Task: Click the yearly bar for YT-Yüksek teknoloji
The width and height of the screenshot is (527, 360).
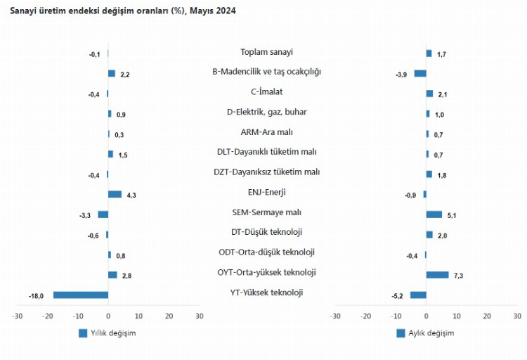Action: pos(81,295)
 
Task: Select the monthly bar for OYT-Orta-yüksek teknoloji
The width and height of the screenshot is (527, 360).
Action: pos(437,274)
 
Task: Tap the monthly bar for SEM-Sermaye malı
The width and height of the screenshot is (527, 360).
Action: pos(434,214)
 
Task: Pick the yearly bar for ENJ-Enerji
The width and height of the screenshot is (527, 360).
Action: pos(115,194)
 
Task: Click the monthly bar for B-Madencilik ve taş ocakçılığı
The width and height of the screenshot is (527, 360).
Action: pos(420,73)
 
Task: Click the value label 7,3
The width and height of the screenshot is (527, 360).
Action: pos(458,276)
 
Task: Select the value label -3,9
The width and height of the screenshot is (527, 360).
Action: pos(402,75)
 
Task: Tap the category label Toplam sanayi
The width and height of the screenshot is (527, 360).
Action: pos(266,52)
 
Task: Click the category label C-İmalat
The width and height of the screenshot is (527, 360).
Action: pos(266,91)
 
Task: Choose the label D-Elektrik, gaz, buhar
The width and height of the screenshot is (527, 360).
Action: pos(266,111)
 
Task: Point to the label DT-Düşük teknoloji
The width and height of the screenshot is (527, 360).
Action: pos(266,232)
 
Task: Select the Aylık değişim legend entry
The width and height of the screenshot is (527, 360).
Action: pos(425,333)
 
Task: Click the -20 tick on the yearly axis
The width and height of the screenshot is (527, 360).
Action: pos(48,316)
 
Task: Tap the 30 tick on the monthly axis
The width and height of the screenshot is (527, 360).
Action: pos(516,316)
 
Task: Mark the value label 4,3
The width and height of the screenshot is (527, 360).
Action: pos(131,195)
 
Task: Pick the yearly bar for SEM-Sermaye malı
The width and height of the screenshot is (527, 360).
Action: pos(103,214)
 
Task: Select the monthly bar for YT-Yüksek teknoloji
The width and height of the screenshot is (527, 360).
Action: pos(418,295)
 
